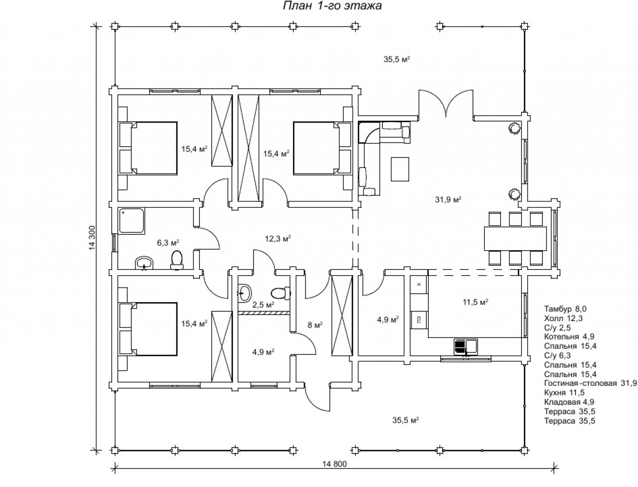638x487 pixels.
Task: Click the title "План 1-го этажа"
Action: [332, 6]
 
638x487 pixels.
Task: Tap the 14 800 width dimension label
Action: [334, 464]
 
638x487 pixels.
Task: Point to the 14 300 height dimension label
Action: [92, 238]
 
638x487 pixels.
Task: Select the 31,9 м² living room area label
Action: [448, 199]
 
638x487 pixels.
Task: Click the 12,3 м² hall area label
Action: [278, 239]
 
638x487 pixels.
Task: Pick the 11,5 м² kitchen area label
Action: [475, 302]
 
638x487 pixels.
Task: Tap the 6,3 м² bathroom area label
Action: [168, 243]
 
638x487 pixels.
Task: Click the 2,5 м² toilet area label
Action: [263, 305]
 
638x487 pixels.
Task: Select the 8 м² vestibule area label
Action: [316, 325]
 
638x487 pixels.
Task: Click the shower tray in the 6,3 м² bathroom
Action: [132, 221]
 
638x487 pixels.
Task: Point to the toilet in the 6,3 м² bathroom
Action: [177, 260]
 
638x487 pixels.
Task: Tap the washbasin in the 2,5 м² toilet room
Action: [245, 293]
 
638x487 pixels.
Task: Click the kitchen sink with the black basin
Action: [466, 347]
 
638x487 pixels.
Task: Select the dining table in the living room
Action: [515, 239]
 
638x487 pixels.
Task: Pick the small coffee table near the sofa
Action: [400, 169]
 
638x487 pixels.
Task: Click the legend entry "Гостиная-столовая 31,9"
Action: [590, 383]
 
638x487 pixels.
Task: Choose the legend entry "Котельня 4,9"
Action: [569, 336]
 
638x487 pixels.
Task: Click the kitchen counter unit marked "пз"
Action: [419, 320]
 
